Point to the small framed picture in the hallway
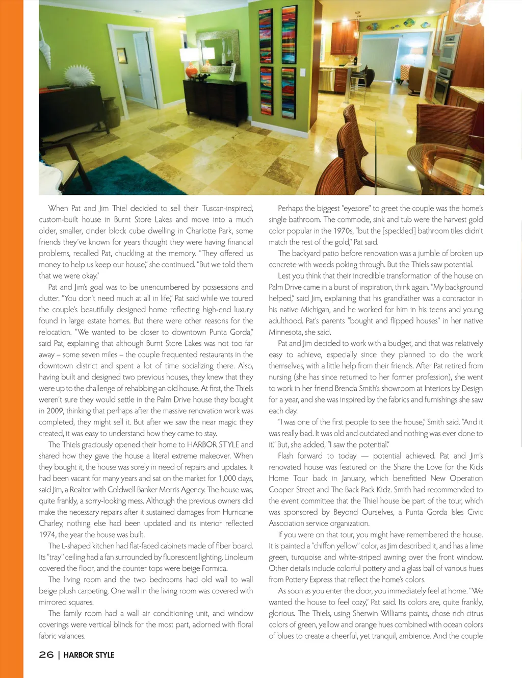(122, 56)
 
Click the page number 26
(46, 655)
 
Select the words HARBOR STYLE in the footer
(89, 655)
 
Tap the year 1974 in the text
(47, 535)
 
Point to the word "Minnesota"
(285, 332)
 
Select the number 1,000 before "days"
(227, 478)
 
